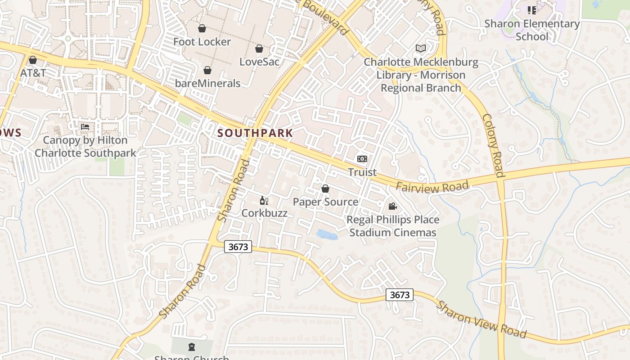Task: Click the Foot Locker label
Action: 202,42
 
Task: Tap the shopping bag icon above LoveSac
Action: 259,49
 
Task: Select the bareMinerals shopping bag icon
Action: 207,70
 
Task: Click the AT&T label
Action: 33,72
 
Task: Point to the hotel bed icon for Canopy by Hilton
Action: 85,127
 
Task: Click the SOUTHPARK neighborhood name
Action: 255,133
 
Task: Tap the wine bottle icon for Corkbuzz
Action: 264,200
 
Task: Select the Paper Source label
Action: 325,202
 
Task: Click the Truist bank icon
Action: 362,159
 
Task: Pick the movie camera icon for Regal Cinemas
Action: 392,207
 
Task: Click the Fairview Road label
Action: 432,186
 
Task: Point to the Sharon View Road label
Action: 481,319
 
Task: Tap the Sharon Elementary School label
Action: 532,30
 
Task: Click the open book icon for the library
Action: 420,48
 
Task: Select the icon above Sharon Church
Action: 192,347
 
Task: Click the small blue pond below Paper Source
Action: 327,234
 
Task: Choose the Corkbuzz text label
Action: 264,213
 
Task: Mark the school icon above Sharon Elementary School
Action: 531,10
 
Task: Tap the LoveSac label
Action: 259,62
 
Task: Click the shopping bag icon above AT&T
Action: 33,60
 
